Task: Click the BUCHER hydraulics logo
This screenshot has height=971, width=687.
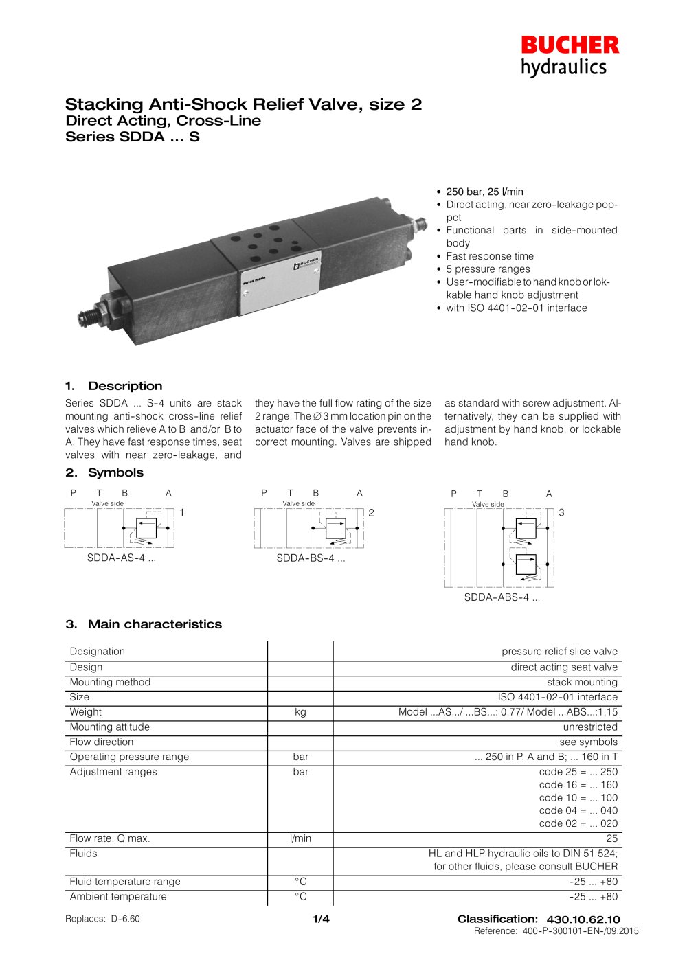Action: coord(569,56)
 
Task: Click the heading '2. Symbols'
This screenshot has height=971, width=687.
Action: coord(104,472)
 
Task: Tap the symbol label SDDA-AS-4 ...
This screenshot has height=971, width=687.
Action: coord(121,558)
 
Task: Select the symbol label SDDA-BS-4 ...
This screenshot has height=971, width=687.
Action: coord(311,558)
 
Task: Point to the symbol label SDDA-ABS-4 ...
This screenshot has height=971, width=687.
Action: coord(502,597)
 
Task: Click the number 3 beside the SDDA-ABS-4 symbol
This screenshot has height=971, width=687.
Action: coord(561,513)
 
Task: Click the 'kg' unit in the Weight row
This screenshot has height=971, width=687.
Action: coord(300,712)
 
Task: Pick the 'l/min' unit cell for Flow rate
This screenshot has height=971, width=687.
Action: coord(300,838)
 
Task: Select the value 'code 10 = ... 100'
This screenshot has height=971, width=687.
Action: coord(578,798)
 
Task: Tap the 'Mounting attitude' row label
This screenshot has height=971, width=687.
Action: coord(109,727)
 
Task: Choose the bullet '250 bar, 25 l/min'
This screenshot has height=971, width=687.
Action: coord(484,192)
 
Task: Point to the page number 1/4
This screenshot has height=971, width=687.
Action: coord(321,919)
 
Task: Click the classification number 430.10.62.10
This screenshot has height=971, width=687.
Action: coord(583,919)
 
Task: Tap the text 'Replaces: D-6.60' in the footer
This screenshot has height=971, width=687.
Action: coord(102,919)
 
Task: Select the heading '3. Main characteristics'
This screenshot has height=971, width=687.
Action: coord(144,624)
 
